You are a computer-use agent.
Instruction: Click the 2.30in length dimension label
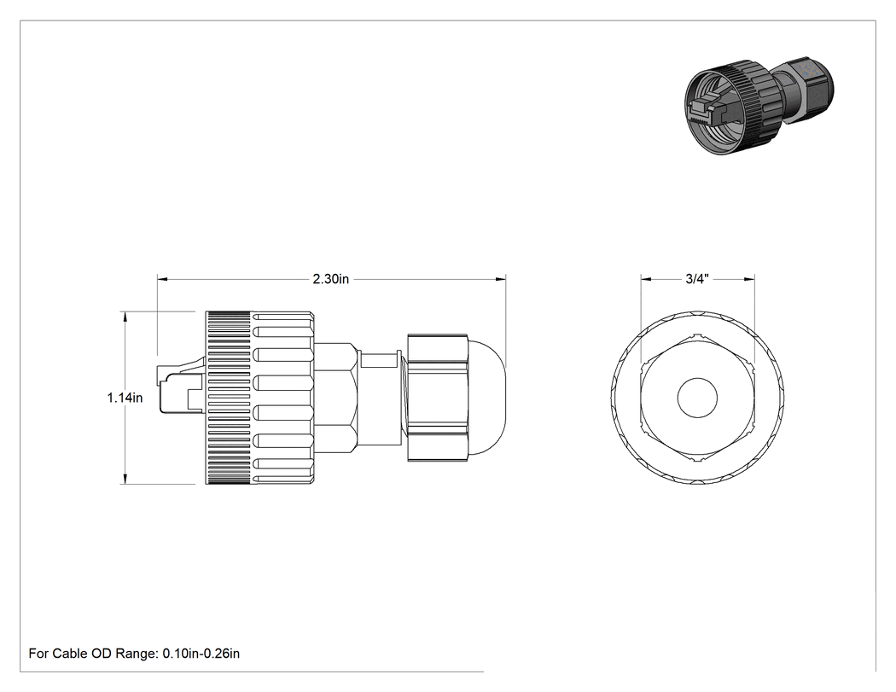pos(330,279)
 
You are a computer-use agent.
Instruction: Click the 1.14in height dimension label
pos(125,397)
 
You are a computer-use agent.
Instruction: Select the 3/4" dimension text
pos(697,279)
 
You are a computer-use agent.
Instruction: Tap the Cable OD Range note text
pos(134,653)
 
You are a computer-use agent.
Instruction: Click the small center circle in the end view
pos(697,397)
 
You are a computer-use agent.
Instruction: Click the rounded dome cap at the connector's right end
pos(487,398)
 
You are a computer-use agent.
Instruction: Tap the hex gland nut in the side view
pos(438,398)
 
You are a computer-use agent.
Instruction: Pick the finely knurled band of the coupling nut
pos(229,398)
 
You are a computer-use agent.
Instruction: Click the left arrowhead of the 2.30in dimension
pos(163,279)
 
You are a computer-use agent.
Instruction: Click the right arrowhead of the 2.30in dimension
pos(501,279)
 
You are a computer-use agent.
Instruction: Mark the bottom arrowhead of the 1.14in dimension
pos(125,479)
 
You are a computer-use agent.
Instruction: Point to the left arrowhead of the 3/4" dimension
pos(646,279)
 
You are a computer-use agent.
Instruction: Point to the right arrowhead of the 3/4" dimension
pos(748,279)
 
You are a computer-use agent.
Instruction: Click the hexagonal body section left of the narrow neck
pos(336,398)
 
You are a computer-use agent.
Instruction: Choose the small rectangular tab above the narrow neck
pos(380,360)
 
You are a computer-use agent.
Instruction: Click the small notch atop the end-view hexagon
pos(697,334)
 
